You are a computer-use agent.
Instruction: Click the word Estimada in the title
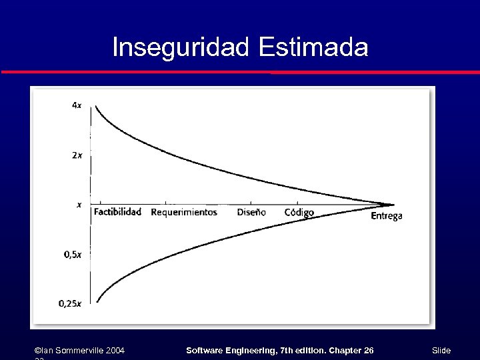coord(313,47)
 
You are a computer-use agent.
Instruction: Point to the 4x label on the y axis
coord(77,105)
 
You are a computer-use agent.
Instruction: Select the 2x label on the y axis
coord(77,156)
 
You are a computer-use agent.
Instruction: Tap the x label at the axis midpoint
coord(79,205)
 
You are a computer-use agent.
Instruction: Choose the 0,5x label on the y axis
coord(73,255)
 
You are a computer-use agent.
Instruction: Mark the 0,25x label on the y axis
coord(70,304)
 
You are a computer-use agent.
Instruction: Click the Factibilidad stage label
coord(117,213)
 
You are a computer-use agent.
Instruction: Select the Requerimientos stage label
coord(184,213)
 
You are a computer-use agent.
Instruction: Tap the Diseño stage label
coord(251,213)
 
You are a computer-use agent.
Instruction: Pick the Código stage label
coord(299,213)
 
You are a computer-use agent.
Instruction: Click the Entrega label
coord(386,216)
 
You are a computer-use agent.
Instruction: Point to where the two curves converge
coord(392,204)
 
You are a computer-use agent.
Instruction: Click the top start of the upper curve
coord(97,107)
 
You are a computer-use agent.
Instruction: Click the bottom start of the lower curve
coord(97,302)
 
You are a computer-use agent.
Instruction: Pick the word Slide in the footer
coord(441,351)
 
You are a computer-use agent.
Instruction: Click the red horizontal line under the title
coord(240,72)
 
